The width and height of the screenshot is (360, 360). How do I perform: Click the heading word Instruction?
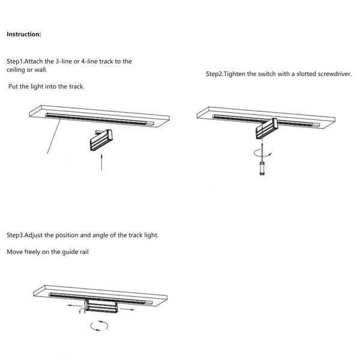pos(24,34)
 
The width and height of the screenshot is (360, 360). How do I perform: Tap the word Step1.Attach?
pos(25,61)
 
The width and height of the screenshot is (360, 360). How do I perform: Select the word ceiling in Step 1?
pos(16,70)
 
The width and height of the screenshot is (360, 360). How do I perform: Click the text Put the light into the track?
pos(46,86)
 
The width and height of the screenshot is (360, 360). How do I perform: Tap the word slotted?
pos(306,74)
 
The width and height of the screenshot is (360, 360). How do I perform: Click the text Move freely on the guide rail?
pos(47,252)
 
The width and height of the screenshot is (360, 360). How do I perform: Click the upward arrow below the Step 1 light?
pos(101,162)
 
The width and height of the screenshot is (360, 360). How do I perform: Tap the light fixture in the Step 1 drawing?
pos(101,140)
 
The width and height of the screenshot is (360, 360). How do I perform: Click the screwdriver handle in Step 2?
pos(262,168)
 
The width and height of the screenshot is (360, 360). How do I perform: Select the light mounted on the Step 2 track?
pos(267,128)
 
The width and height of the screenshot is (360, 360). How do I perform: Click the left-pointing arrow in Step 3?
pos(75,305)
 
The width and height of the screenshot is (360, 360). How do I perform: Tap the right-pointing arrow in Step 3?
pos(127,309)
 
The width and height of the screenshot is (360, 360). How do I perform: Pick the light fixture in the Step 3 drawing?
pos(101,306)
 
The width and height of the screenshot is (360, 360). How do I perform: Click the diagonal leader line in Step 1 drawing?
pos(54,136)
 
